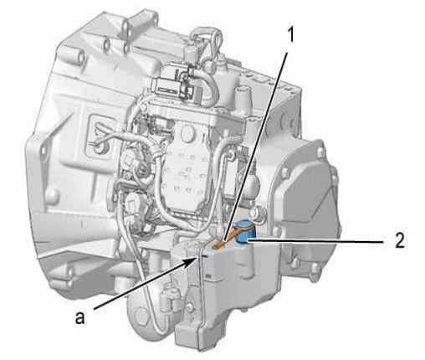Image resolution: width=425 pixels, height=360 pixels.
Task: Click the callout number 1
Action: pos(290,35)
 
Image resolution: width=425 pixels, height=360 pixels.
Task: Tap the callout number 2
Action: pos(399,240)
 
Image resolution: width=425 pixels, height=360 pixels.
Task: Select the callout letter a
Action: pos(80,317)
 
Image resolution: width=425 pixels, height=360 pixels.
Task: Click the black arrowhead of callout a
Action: pos(193,260)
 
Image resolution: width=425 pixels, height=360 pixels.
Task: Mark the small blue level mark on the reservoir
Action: pos(205,255)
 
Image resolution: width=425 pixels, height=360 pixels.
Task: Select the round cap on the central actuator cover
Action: pos(190,133)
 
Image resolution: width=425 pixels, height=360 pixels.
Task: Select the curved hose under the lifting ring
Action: pos(210,84)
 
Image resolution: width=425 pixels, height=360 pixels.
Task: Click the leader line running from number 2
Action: pos(315,240)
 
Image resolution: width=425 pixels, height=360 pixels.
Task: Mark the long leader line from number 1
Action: pos(255,145)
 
